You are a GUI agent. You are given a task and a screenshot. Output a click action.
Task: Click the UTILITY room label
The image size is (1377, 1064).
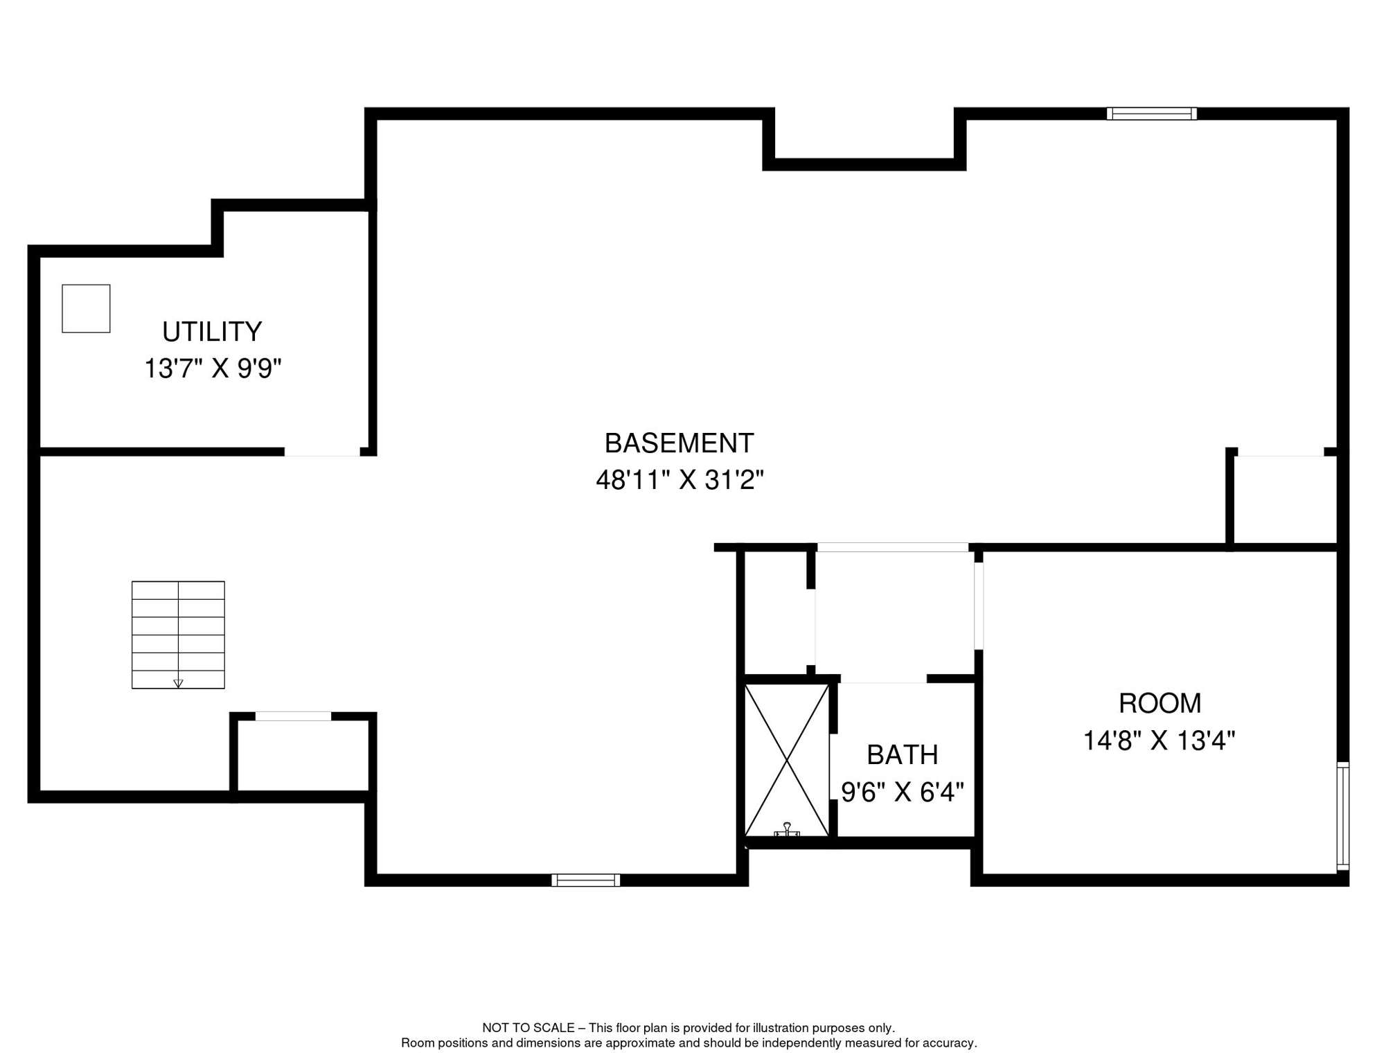click(x=212, y=332)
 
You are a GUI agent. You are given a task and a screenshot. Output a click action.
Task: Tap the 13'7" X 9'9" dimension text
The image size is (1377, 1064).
click(x=213, y=369)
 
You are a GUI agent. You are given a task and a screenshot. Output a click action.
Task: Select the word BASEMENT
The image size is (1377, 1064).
click(x=679, y=443)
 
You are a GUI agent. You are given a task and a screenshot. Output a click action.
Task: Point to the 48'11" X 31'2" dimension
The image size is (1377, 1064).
click(x=679, y=479)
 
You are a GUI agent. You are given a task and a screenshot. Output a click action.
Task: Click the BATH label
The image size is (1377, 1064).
click(x=902, y=755)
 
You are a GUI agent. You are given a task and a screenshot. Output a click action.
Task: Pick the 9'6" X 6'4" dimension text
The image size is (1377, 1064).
click(x=902, y=792)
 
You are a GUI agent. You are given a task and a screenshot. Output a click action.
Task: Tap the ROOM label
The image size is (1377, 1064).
click(x=1160, y=704)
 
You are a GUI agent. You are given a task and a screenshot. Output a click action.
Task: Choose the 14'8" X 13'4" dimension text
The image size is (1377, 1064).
click(x=1159, y=741)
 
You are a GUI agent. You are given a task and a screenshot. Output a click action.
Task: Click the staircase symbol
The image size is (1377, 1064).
click(x=178, y=635)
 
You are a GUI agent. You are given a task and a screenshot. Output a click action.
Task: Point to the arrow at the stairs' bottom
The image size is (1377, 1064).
click(x=178, y=683)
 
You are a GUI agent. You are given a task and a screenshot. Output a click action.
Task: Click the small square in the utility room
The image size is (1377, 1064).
click(x=86, y=309)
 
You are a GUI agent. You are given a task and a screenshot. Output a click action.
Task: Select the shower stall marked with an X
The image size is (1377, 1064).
click(x=787, y=761)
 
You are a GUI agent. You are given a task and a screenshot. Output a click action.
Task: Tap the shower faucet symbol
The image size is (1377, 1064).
click(x=787, y=830)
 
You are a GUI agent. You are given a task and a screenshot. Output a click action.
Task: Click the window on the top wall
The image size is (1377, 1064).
click(x=1151, y=114)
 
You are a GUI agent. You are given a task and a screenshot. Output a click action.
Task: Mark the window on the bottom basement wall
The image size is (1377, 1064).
click(x=585, y=880)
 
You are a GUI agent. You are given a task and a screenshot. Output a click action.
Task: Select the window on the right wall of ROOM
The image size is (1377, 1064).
click(x=1343, y=815)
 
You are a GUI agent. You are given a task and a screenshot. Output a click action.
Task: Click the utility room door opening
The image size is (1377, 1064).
click(x=322, y=452)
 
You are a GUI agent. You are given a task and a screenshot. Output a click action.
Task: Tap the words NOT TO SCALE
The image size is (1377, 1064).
click(x=528, y=1028)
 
